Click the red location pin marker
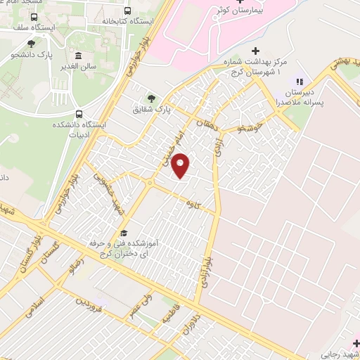point(181,167)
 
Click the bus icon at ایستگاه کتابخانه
point(127,11)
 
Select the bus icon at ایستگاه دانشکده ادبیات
point(79,114)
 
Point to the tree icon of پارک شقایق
point(150,98)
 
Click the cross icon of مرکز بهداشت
point(255,51)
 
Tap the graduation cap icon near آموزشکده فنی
point(124,233)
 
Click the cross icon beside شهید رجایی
point(356,342)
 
